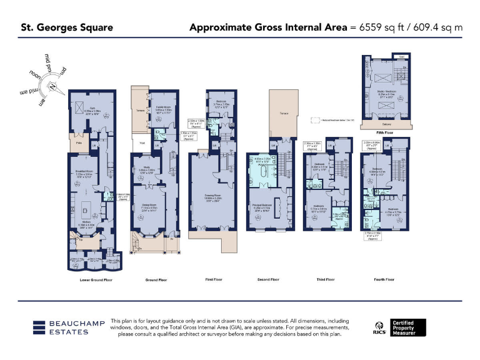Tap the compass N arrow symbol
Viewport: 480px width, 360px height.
[x=53, y=86]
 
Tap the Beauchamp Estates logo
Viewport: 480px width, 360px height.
[x=61, y=327]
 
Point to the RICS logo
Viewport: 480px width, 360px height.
[x=379, y=327]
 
